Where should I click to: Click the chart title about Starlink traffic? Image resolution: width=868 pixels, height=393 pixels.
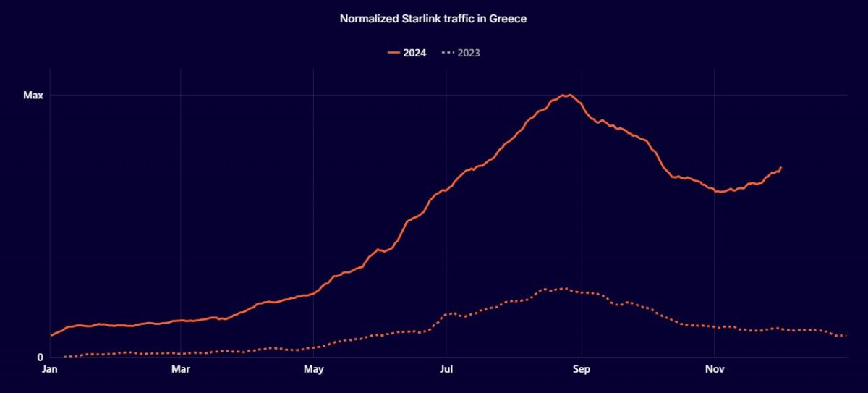(x=433, y=19)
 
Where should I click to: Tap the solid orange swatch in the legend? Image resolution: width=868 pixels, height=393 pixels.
(x=393, y=53)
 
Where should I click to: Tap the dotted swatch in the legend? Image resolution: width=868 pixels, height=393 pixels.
(x=448, y=53)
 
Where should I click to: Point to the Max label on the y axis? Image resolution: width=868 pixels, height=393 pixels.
(x=33, y=96)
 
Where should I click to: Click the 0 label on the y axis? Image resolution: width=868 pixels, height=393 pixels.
(x=41, y=357)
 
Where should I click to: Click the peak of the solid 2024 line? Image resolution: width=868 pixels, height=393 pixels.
(x=569, y=95)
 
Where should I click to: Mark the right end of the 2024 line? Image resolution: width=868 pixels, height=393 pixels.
(x=780, y=168)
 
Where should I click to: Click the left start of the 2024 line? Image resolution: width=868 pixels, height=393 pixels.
(x=51, y=335)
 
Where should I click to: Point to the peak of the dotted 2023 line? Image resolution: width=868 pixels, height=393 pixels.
(x=564, y=289)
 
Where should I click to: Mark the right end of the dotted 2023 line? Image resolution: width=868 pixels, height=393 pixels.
(x=846, y=336)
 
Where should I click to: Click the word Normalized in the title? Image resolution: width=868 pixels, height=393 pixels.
(x=368, y=19)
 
